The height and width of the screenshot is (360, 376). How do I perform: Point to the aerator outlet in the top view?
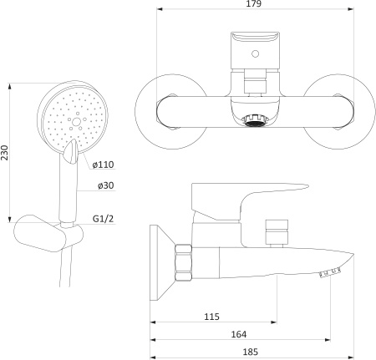[254, 121]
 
